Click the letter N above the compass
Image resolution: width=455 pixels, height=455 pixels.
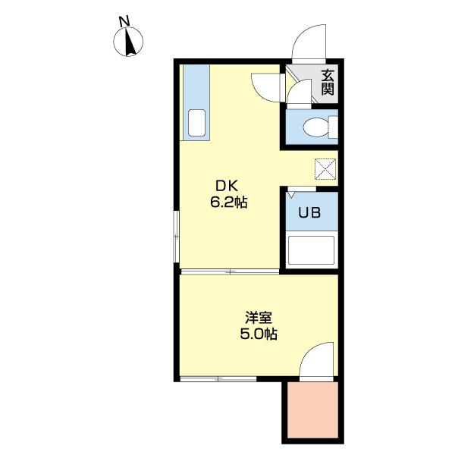tap(124, 22)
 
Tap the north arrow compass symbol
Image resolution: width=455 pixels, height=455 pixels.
tap(128, 42)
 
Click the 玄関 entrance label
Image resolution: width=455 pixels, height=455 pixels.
tap(328, 83)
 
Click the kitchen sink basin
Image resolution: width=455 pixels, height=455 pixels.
tap(196, 123)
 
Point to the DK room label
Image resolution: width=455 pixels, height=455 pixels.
tap(226, 186)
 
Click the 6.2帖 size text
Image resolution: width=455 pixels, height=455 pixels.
tap(229, 202)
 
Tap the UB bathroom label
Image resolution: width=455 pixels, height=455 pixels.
tap(309, 212)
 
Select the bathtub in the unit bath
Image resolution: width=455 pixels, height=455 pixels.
tap(312, 249)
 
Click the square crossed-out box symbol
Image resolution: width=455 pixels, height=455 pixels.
tap(325, 169)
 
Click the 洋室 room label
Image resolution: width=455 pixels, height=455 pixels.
tap(259, 317)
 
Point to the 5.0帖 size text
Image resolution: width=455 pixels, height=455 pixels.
tap(259, 334)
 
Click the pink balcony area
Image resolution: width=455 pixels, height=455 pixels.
tap(312, 409)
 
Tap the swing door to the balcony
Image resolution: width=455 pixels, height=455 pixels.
tap(317, 362)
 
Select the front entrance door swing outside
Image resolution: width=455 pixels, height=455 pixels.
tap(309, 43)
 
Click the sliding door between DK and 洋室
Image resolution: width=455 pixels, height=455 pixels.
tap(230, 271)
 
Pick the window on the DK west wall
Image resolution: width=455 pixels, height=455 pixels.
tap(176, 237)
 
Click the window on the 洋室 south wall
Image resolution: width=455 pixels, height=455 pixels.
tap(218, 379)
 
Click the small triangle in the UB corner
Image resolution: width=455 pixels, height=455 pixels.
tap(291, 195)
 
